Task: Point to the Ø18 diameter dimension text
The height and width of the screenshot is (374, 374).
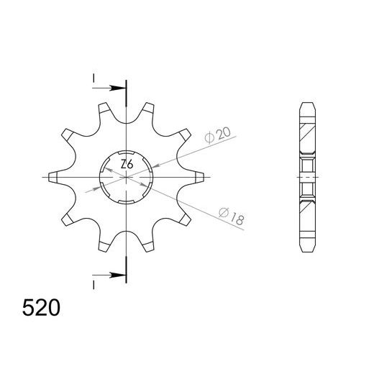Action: pos(230,216)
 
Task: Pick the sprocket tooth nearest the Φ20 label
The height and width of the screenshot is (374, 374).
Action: pos(186,134)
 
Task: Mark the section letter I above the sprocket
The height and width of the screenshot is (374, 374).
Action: pos(93,78)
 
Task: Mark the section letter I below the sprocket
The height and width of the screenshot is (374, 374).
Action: pos(93,286)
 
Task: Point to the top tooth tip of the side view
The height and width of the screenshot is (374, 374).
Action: pos(307,102)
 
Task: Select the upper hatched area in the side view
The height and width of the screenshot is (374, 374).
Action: pos(307,133)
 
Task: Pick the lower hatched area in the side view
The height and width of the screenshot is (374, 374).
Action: pos(307,216)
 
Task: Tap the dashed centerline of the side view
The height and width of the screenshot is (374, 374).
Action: pos(307,176)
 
